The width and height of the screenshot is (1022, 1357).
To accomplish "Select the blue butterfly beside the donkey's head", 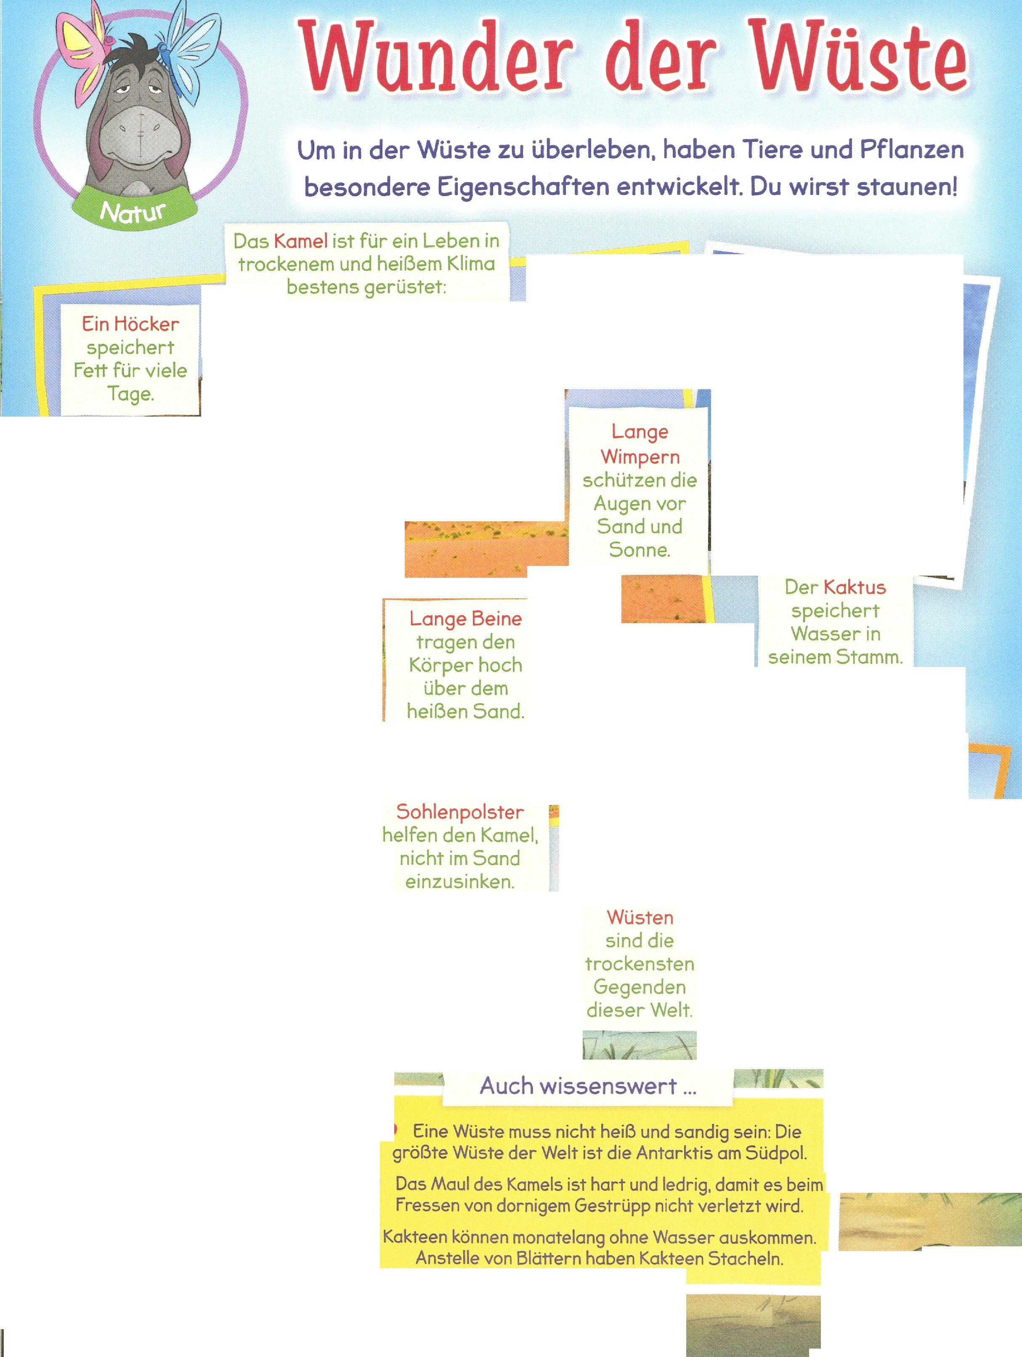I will pos(187,46).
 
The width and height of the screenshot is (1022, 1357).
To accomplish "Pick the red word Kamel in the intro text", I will pos(300,241).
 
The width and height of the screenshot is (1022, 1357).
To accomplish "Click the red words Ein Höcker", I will pos(130,324).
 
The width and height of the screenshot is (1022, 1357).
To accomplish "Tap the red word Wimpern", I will pos(640,457).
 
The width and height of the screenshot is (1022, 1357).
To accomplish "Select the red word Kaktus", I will pos(855,587).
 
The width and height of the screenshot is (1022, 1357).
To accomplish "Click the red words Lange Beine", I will pos(466,619).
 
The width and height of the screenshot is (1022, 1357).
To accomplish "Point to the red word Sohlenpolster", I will pos(459,812).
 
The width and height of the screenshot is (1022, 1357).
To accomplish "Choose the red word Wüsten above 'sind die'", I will pos(640,918).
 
